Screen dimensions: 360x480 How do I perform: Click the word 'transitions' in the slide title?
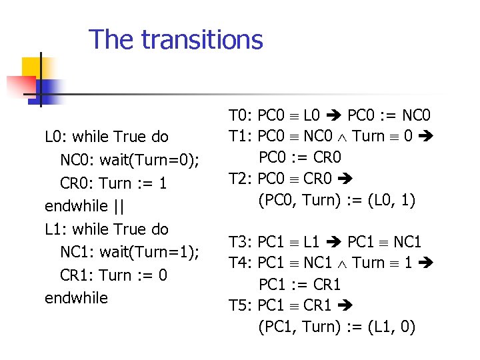tap(202, 39)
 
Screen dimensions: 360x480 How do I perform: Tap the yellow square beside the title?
tap(33, 68)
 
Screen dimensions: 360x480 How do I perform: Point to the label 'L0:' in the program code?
tap(55, 137)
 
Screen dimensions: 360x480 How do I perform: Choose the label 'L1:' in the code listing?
tap(55, 229)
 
